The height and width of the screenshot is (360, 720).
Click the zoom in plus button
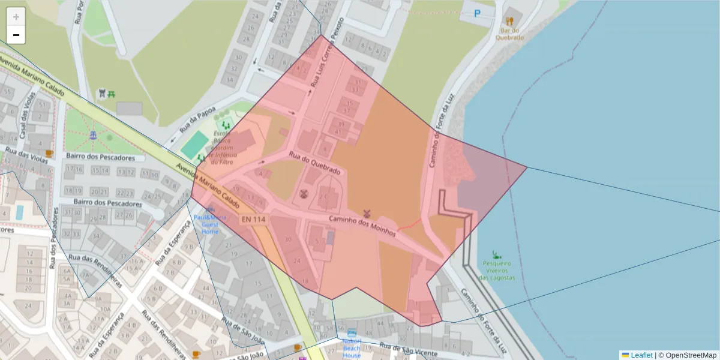(x=16, y=17)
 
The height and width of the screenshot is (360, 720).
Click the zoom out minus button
(x=16, y=35)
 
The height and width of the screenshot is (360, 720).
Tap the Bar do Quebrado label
(x=509, y=33)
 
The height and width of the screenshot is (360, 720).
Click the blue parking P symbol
(x=478, y=13)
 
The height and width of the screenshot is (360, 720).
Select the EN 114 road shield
(x=254, y=220)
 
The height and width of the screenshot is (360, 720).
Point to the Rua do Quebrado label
(x=315, y=163)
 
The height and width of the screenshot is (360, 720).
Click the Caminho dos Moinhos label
(x=362, y=224)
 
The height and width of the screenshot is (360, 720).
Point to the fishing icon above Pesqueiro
(x=496, y=254)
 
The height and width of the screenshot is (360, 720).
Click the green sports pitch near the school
(x=194, y=145)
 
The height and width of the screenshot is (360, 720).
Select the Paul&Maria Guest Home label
(x=210, y=224)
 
